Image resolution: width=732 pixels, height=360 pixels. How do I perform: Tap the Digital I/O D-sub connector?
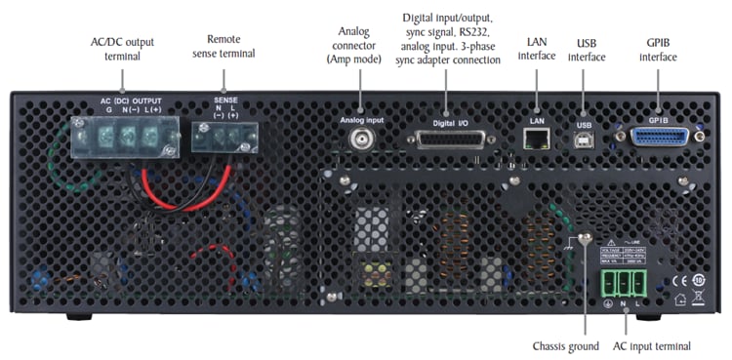[450, 140]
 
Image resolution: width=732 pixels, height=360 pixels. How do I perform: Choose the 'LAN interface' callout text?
[535, 49]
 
